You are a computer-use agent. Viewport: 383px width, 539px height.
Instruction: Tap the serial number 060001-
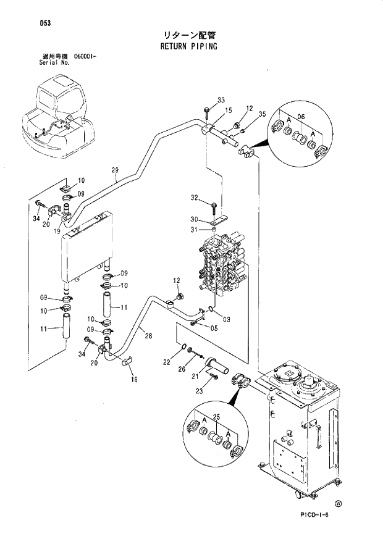87,56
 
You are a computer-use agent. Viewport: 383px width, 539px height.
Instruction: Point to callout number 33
221,101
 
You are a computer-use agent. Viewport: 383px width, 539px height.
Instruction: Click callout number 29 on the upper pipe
114,171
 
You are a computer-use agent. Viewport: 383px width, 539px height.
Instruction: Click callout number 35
262,114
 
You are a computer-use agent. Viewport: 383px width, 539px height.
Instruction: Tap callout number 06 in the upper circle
301,117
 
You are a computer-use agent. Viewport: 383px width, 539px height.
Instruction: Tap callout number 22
167,362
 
